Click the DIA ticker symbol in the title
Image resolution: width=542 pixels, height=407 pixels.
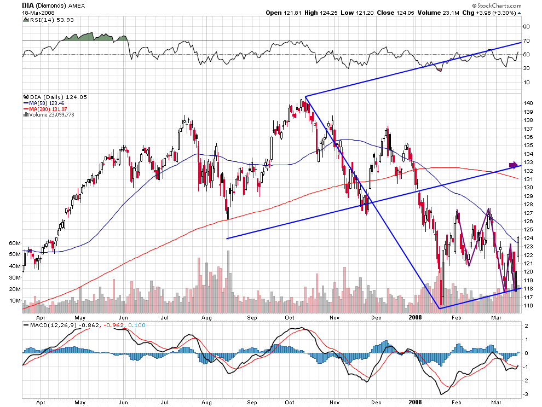coord(28,5)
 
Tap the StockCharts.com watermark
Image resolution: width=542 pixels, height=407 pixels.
coord(497,5)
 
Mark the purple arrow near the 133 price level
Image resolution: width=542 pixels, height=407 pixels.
coord(514,165)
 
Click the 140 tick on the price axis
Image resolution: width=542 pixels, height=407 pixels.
coord(528,103)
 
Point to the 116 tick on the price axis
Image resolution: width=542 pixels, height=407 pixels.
coord(528,306)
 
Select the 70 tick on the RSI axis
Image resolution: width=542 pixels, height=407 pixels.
coord(527,41)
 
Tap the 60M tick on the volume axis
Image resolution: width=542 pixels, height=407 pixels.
coord(15,243)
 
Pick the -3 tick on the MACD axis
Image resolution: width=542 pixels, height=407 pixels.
coord(526,394)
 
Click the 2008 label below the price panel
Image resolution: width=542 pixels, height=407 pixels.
coord(415,317)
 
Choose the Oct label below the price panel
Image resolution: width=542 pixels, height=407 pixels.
coord(289,317)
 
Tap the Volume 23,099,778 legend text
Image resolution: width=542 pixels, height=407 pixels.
coord(51,115)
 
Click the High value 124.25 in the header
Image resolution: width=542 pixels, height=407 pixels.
coord(328,13)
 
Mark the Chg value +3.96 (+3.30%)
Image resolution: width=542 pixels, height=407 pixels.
coord(496,13)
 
